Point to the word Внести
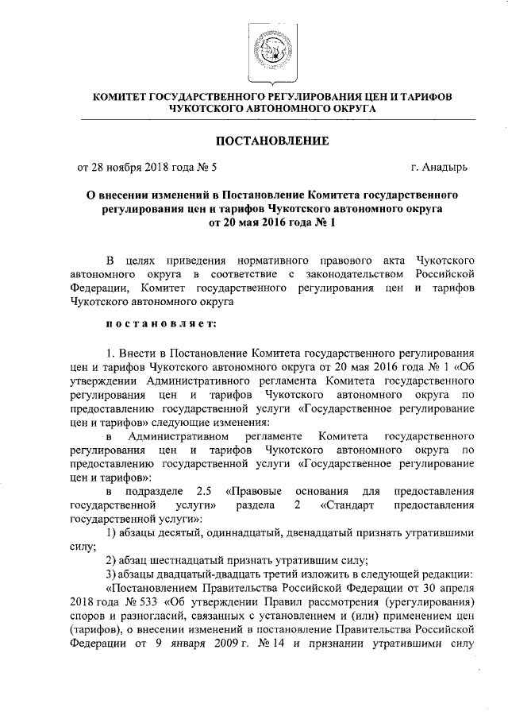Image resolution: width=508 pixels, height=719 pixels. (139, 351)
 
